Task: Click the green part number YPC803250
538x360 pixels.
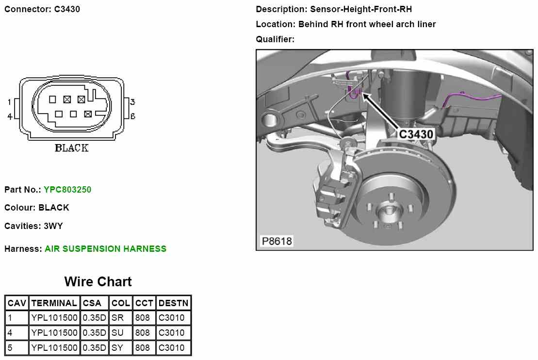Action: (67, 189)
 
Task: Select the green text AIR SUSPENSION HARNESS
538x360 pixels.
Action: (105, 248)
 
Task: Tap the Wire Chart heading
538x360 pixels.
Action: (98, 281)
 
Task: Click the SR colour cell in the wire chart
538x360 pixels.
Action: (117, 318)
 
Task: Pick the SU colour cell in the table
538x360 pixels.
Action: (117, 332)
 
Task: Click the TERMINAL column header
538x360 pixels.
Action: (54, 303)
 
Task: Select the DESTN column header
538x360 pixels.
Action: (173, 303)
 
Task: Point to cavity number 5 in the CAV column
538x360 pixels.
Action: (10, 348)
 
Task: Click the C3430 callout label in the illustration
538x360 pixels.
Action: (416, 134)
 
